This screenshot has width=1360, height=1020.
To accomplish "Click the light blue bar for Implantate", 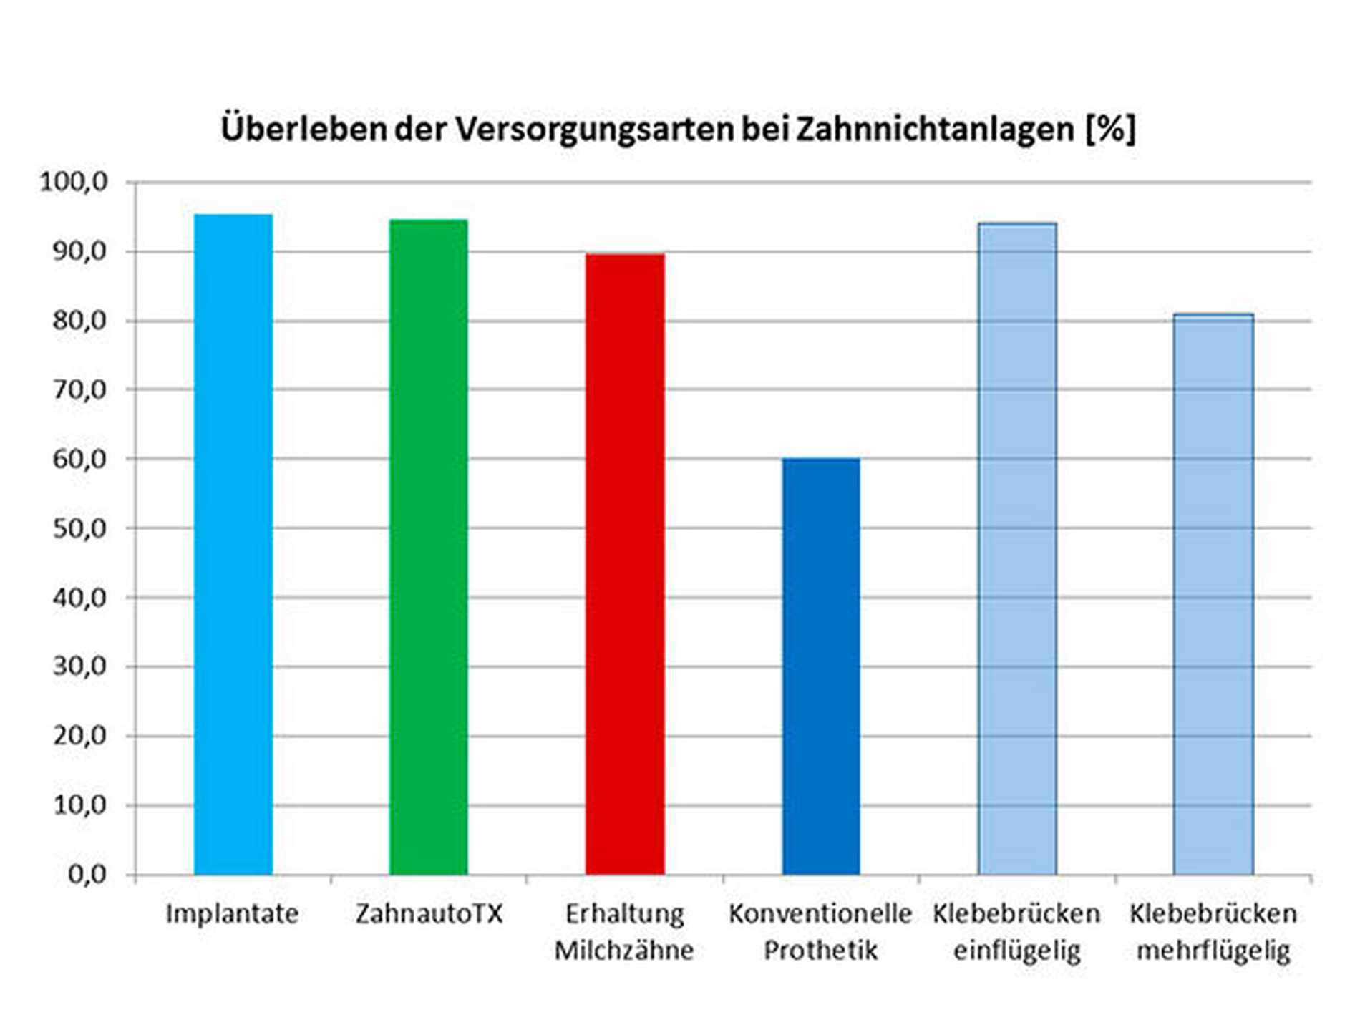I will pos(233,544).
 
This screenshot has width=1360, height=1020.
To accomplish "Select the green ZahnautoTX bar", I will pos(429,547).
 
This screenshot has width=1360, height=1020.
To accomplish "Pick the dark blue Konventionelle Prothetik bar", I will pos(821,666).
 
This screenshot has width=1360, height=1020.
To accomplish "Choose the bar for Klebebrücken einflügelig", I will pos(1017,548).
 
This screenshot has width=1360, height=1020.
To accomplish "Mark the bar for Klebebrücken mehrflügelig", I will pos(1213,594).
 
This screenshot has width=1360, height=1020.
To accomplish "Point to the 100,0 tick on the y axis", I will pos(74,182).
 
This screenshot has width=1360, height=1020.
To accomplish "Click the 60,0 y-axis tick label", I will pos(79,459).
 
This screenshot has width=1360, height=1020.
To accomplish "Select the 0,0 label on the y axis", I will pos(87,874).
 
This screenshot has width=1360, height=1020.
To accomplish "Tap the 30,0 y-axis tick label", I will pos(79,666).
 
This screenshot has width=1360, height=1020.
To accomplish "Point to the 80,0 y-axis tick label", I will pos(79,320).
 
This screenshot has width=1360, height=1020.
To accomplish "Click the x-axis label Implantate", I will pos(232,914).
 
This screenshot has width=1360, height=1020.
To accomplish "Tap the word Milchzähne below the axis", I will pos(624,951).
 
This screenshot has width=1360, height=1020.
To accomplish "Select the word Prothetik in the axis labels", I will pos(820,951).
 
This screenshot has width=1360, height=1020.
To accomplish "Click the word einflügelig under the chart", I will pos(1016,951).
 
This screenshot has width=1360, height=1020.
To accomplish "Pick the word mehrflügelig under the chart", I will pos(1213,951).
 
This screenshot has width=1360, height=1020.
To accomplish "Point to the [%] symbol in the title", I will pos(1110,129).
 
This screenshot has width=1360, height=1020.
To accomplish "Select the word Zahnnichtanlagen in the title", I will pos(935,129).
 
